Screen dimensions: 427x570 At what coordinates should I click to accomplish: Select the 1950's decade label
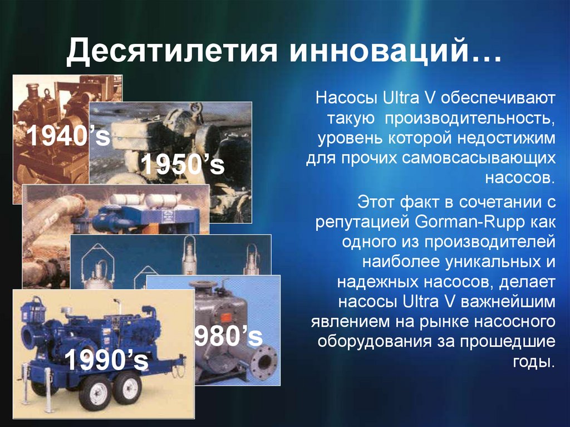[x=183, y=165]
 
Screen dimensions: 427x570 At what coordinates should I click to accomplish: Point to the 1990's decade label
[x=106, y=360]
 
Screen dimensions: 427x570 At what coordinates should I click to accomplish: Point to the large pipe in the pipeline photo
[x=53, y=218]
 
